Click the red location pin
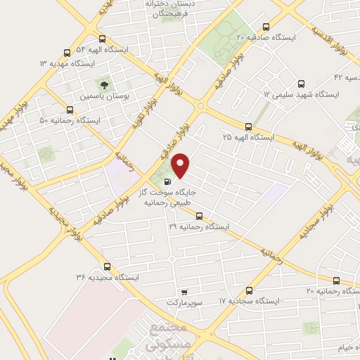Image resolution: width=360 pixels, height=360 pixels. tap(181, 165)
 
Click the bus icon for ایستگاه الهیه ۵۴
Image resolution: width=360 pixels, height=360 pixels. tap(103, 39)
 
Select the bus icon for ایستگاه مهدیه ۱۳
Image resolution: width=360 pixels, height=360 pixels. tap(67, 52)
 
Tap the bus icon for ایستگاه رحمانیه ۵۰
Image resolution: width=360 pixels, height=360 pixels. tap(70, 110)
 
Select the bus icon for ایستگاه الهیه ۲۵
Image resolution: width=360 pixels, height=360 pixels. tap(247, 127)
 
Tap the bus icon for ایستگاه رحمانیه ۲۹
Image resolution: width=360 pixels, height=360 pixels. tap(200, 216)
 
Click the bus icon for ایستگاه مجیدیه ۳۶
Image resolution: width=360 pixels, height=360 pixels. tap(107, 266)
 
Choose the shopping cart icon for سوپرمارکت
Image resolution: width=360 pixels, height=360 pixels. tap(184, 292)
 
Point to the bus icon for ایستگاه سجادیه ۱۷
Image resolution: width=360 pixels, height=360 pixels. tap(250, 290)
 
